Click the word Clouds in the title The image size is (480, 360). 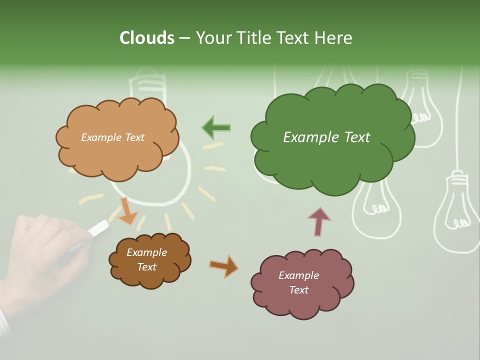[147, 38]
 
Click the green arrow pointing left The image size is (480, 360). [216, 128]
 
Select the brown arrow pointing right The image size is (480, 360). [224, 265]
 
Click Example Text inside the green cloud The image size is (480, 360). [326, 137]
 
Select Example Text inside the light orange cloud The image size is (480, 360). [112, 137]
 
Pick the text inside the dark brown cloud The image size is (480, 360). [146, 259]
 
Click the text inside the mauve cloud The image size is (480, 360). [298, 282]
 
